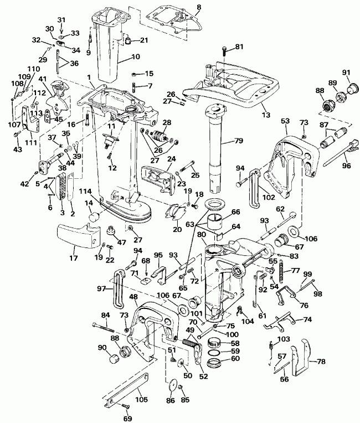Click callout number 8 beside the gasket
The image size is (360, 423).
[199, 7]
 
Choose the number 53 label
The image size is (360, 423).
[285, 121]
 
